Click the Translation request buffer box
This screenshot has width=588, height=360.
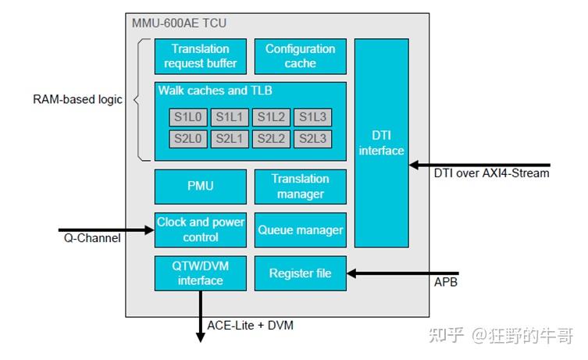coord(200,56)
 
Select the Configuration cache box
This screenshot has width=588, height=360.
coord(301,56)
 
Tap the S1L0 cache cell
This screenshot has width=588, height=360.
coord(188,117)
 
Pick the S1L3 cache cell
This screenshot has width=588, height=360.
coord(313,117)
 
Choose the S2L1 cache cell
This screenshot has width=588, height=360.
coord(230,139)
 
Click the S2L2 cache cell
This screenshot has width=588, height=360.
coord(271,139)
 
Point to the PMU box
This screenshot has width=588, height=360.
coord(200,187)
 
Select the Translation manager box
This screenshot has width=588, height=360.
coord(301,187)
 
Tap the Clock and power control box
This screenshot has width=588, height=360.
coord(200,230)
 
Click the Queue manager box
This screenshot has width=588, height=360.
coord(301,230)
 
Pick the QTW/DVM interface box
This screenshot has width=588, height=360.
coord(200,273)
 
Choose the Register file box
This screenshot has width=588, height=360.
coord(301,273)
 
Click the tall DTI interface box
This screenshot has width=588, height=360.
coord(381,143)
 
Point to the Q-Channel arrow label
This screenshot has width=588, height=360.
coord(92,238)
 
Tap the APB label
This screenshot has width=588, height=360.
coord(446,282)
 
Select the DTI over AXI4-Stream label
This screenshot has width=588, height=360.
coord(492,173)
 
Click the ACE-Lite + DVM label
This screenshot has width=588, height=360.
coord(250,325)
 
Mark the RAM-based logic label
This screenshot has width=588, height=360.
coord(77,99)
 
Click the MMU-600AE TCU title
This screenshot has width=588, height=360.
coord(180,23)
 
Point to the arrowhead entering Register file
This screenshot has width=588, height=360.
coord(351,273)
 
